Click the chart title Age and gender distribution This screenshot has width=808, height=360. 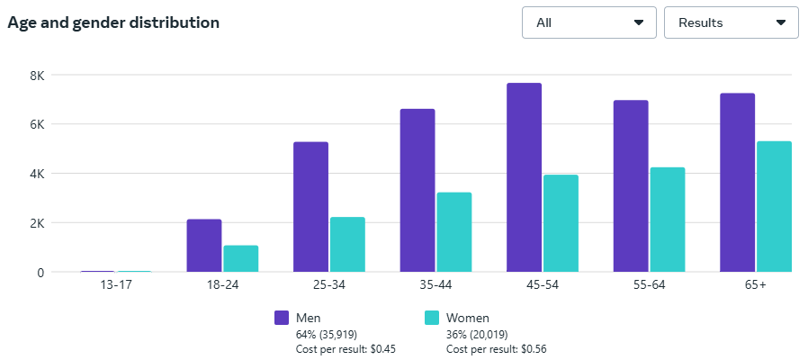(113, 22)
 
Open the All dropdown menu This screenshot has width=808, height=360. (589, 22)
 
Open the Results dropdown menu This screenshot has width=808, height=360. (731, 22)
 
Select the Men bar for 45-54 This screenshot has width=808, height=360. (524, 177)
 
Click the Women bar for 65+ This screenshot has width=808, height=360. (774, 206)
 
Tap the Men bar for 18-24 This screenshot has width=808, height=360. (204, 245)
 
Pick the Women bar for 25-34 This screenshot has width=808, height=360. (347, 244)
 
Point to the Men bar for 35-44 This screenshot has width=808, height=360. (417, 190)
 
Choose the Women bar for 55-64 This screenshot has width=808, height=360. (667, 219)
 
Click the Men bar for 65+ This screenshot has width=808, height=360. (737, 182)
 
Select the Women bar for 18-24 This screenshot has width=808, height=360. (240, 258)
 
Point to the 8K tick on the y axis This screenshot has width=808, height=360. (36, 75)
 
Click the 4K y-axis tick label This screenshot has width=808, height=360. (36, 174)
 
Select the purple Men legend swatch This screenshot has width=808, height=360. (282, 318)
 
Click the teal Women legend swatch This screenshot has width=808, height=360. (432, 318)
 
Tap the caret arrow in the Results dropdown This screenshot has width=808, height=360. (781, 22)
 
